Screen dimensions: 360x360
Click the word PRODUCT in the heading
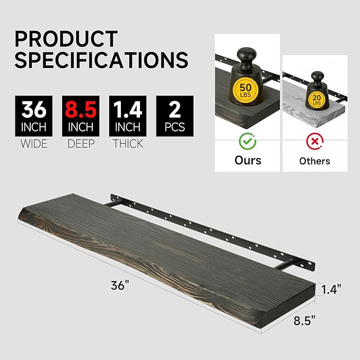coord(66,39)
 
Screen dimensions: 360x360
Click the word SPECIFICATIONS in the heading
coord(101,59)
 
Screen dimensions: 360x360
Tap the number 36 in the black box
coord(34,110)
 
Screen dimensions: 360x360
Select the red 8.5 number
coord(81,110)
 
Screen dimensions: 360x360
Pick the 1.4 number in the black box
coord(128,110)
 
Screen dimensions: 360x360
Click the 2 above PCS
coord(175,110)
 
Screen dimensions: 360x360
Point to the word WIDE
coord(34,144)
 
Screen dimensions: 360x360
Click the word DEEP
coord(81,144)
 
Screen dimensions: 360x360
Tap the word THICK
coord(128,144)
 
